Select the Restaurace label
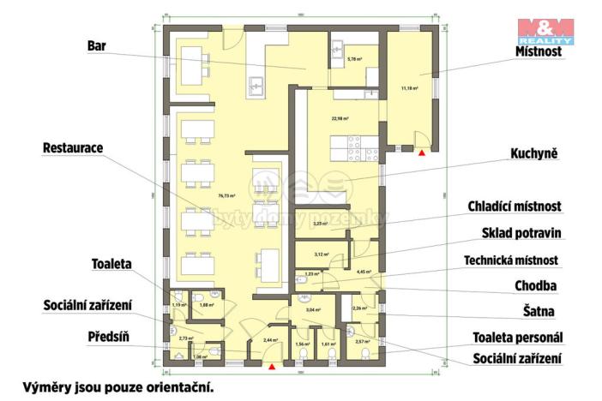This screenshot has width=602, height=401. click(73, 148)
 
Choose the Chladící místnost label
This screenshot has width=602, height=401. click(514, 206)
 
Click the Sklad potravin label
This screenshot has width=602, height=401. click(521, 232)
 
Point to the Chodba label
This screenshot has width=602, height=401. click(538, 285)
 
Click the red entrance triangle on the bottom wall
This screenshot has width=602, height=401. click(272, 367)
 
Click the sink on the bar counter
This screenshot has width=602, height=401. click(255, 85)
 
